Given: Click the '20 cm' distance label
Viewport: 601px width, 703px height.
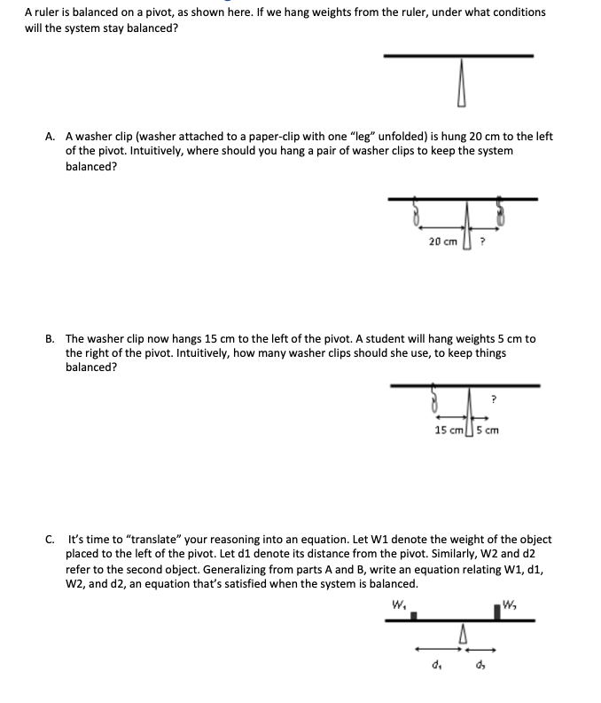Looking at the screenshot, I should pos(442,241).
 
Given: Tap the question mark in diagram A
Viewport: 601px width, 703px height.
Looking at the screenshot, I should pos(482,241).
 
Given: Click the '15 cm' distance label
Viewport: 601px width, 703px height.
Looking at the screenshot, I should pos(449,430).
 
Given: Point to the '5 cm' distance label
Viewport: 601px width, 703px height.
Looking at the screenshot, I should pos(488,430).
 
